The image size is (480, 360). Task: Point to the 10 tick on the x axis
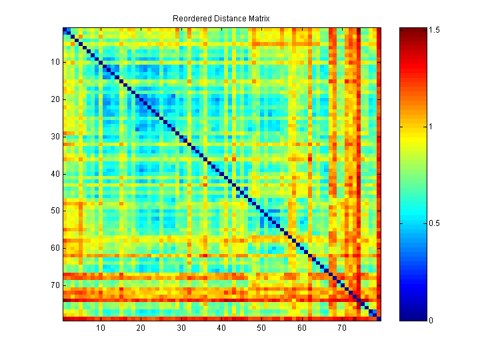tap(101, 328)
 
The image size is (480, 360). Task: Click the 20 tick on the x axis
tap(141, 328)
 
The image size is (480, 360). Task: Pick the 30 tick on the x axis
tap(181, 328)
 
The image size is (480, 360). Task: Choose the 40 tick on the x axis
tap(221, 328)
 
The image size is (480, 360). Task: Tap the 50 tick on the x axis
tap(261, 328)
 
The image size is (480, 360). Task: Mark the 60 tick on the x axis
tap(301, 328)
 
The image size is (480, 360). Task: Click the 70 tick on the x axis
tap(342, 328)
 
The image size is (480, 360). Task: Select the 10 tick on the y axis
tap(55, 62)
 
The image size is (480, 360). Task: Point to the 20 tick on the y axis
tap(55, 99)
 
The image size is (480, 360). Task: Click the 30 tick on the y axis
tap(55, 137)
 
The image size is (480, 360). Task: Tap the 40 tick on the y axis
tap(55, 174)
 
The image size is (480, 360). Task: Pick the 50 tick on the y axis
tap(55, 211)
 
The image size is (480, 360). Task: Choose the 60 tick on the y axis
tap(55, 248)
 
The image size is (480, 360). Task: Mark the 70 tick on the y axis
tap(55, 285)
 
